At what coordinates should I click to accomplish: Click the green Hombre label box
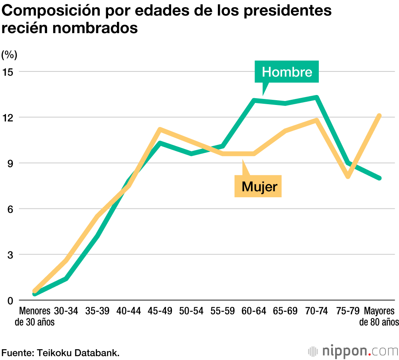pos(287,72)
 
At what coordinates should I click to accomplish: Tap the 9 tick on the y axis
pos(10,163)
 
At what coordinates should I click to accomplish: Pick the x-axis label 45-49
pos(160,311)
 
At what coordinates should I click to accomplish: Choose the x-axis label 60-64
pos(254,311)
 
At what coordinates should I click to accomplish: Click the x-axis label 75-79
pos(348,311)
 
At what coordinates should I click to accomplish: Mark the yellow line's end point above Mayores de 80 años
pos(379,116)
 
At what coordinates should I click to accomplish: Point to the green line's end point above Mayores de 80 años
pos(379,178)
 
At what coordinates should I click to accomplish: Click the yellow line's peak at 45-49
pos(160,129)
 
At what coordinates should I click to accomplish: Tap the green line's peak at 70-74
pos(316,97)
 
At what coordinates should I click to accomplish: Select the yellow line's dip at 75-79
pos(348,176)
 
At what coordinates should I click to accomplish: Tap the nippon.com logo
pos(354,351)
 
